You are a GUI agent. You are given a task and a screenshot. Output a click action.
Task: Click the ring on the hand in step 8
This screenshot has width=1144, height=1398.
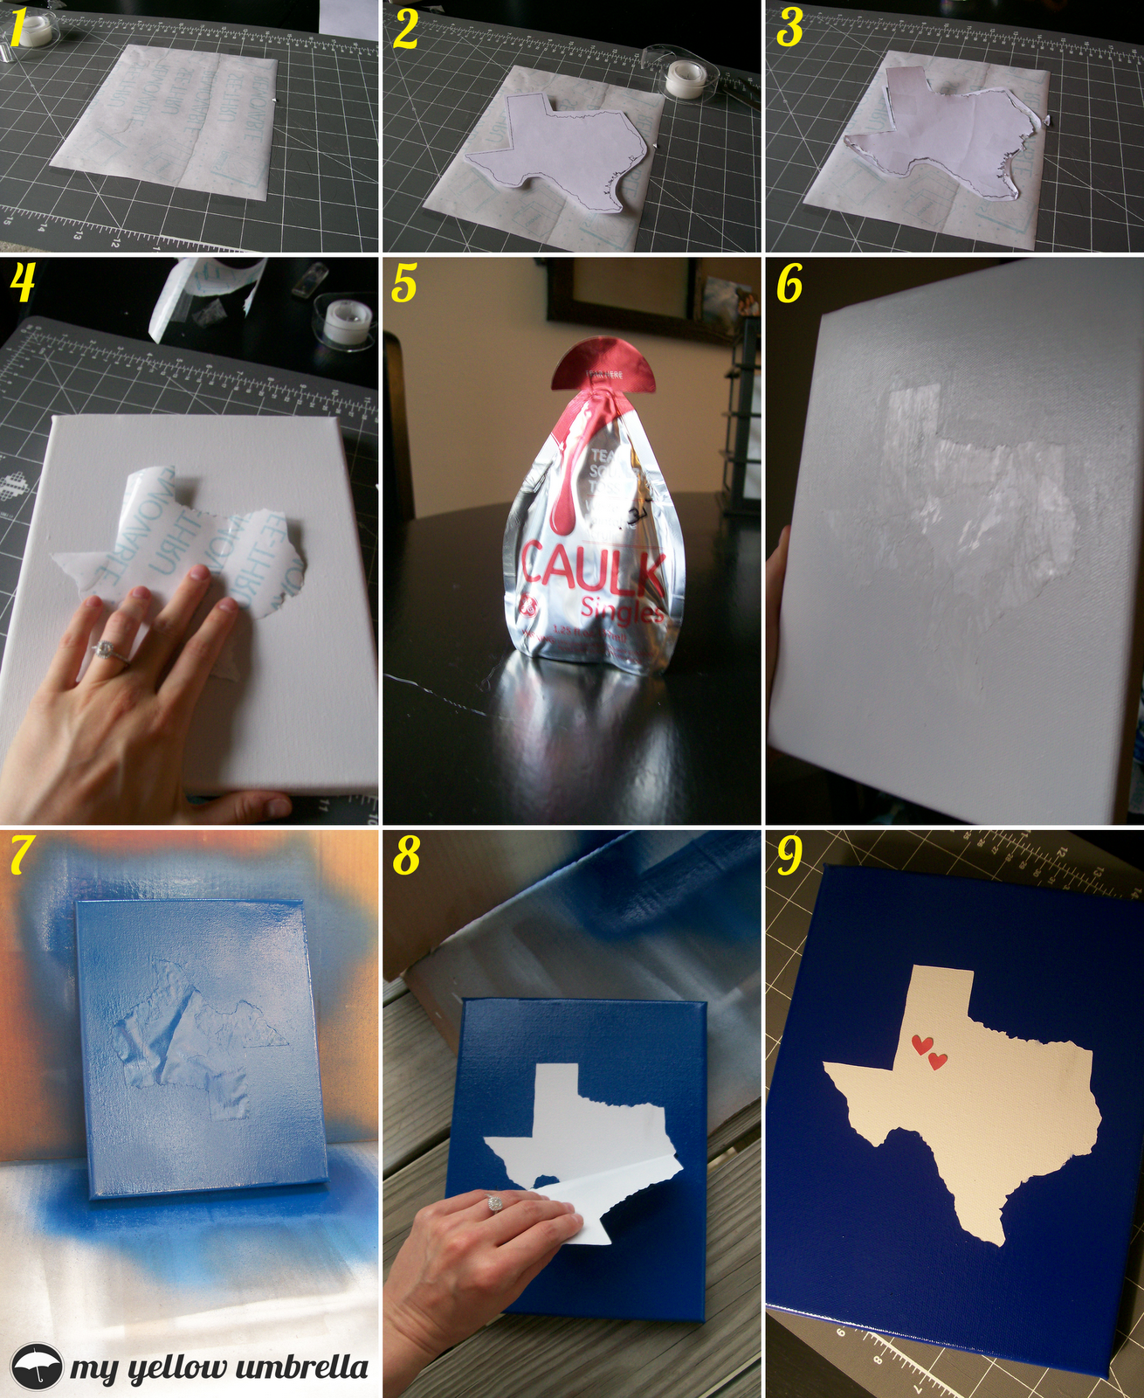point(495,1203)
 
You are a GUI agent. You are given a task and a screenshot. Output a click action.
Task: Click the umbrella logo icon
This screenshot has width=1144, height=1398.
point(37,1365)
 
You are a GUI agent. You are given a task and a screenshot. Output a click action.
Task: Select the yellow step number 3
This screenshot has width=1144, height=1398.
point(789,28)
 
